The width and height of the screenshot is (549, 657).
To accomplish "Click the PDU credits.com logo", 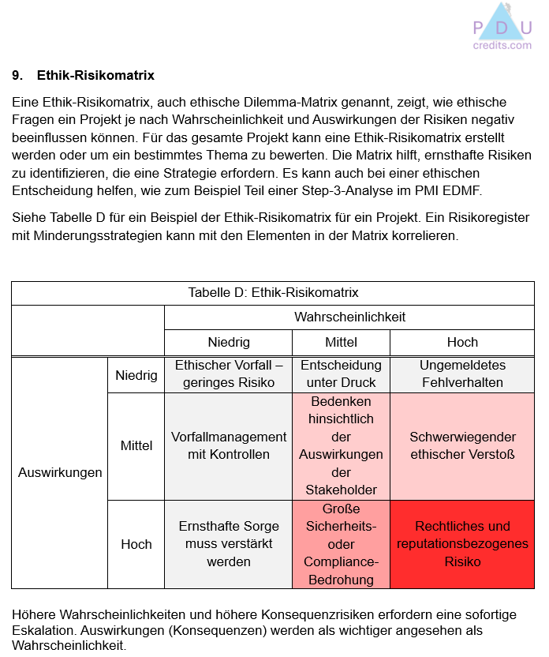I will pos(502,28).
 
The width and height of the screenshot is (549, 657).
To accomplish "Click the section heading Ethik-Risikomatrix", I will pos(95,76).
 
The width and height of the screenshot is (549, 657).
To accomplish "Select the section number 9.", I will pos(16,76).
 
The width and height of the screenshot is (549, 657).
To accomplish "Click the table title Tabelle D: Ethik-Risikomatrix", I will pos(273,292).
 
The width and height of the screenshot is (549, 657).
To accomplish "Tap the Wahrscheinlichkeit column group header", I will pos(349,317).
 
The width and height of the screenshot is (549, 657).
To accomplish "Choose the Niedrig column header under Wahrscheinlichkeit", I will pos(229,342).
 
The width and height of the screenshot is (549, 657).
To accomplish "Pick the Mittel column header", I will pos(341,342).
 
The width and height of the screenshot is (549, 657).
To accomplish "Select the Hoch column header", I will pos(462,342).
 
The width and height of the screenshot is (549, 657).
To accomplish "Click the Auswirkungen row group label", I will pos(60,472).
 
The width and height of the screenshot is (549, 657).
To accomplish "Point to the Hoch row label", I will pos(136,544).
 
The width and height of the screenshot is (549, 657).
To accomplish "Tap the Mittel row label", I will pos(136,445).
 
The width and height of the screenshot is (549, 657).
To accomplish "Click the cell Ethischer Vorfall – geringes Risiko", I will pos(229,374).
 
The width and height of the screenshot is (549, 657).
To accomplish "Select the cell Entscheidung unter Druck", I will pos(341,374).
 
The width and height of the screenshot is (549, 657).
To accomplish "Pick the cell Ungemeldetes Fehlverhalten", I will pos(462,374).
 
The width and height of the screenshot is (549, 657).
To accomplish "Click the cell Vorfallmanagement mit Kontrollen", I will pos(229,445).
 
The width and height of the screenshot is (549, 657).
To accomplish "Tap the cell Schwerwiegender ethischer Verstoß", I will pos(462,445).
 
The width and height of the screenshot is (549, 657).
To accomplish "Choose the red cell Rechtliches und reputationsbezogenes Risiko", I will pos(462,544).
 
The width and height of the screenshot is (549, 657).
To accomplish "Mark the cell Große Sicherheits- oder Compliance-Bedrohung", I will pos(341,544).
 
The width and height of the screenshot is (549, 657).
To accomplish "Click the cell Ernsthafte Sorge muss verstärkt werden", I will pos(229,544).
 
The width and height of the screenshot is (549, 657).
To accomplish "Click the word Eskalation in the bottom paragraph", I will pos(44,631).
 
